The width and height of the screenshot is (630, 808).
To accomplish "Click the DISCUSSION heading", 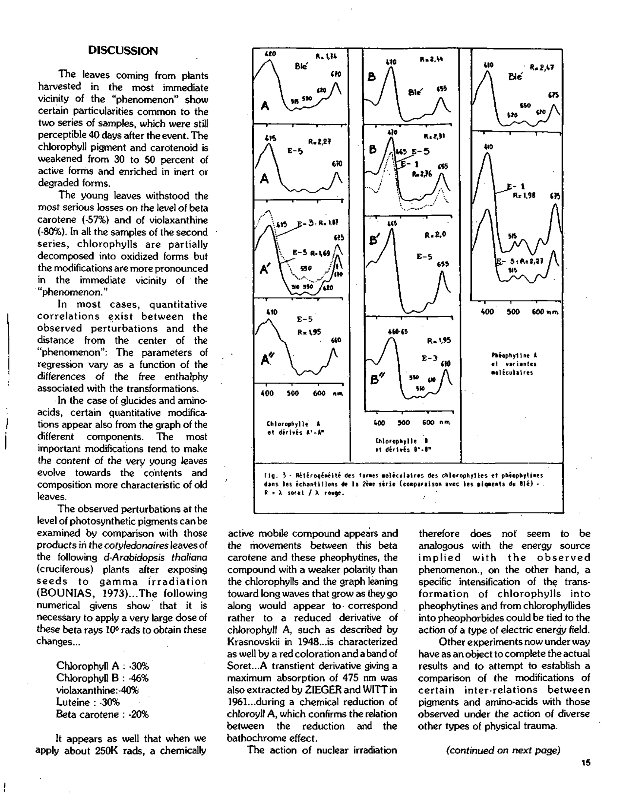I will point(123,51).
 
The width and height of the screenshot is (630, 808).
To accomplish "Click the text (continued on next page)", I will point(503,750).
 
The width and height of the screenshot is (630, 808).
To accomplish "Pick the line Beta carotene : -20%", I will point(102,714).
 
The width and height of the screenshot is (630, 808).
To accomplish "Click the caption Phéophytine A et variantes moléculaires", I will point(514,364).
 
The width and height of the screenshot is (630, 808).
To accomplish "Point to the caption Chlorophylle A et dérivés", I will point(294,428).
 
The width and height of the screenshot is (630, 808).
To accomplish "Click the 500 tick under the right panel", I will point(513,312).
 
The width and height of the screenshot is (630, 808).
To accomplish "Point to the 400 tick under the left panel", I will point(267,393).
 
